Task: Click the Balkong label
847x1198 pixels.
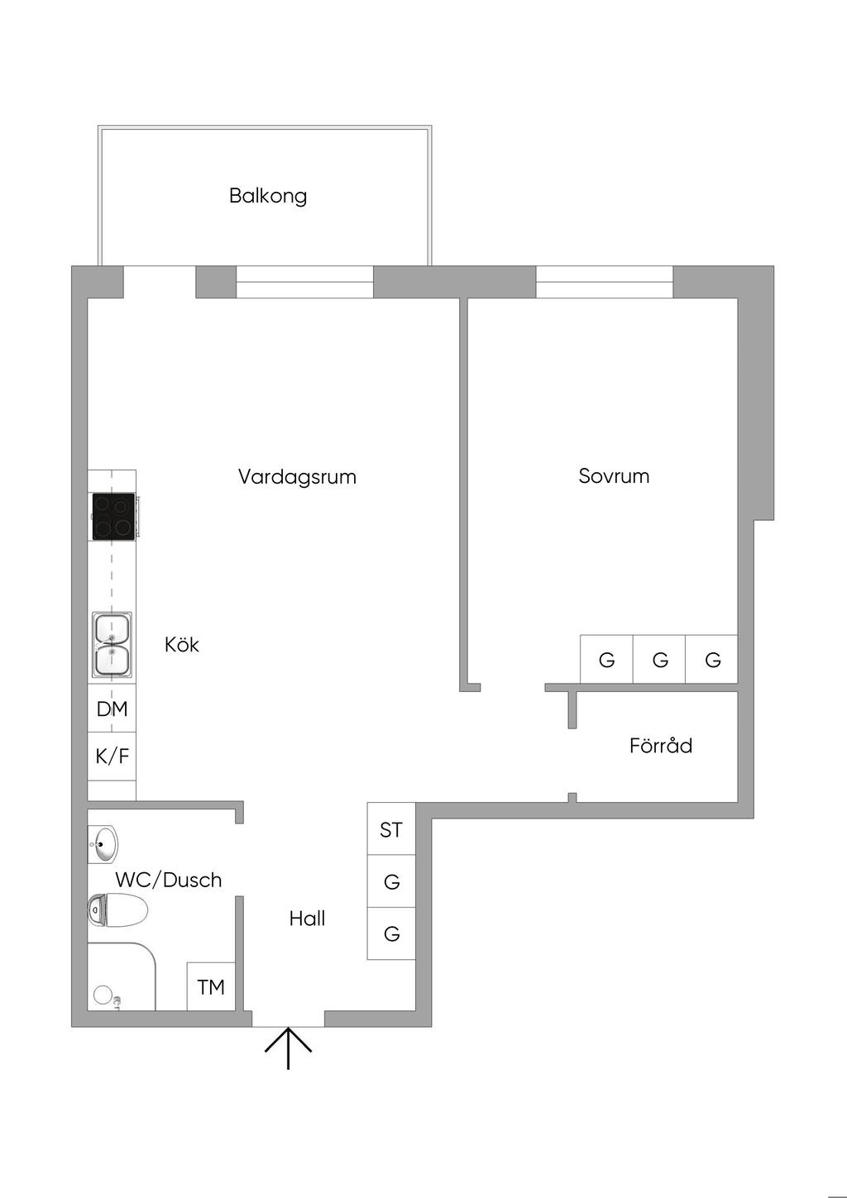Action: (268, 196)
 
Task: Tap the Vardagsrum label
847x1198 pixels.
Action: (297, 477)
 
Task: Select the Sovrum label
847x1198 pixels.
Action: (614, 476)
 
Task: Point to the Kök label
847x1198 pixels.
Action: (182, 645)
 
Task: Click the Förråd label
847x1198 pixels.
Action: (660, 746)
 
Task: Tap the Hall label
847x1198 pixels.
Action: (307, 919)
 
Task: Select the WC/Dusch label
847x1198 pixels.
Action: (169, 880)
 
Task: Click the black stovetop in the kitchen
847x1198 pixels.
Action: (113, 517)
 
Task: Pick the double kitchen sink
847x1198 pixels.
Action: (112, 645)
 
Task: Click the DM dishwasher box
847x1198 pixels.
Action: (112, 709)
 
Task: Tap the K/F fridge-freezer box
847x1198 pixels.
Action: (112, 756)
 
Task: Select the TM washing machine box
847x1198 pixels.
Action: (211, 986)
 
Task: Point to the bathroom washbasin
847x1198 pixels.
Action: (103, 844)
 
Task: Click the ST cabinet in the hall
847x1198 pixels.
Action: (391, 829)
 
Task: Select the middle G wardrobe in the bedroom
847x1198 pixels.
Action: (659, 660)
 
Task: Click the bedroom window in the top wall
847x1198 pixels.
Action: (604, 282)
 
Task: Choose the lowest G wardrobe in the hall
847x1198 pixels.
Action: (391, 933)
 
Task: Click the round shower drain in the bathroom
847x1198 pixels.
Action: (103, 995)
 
